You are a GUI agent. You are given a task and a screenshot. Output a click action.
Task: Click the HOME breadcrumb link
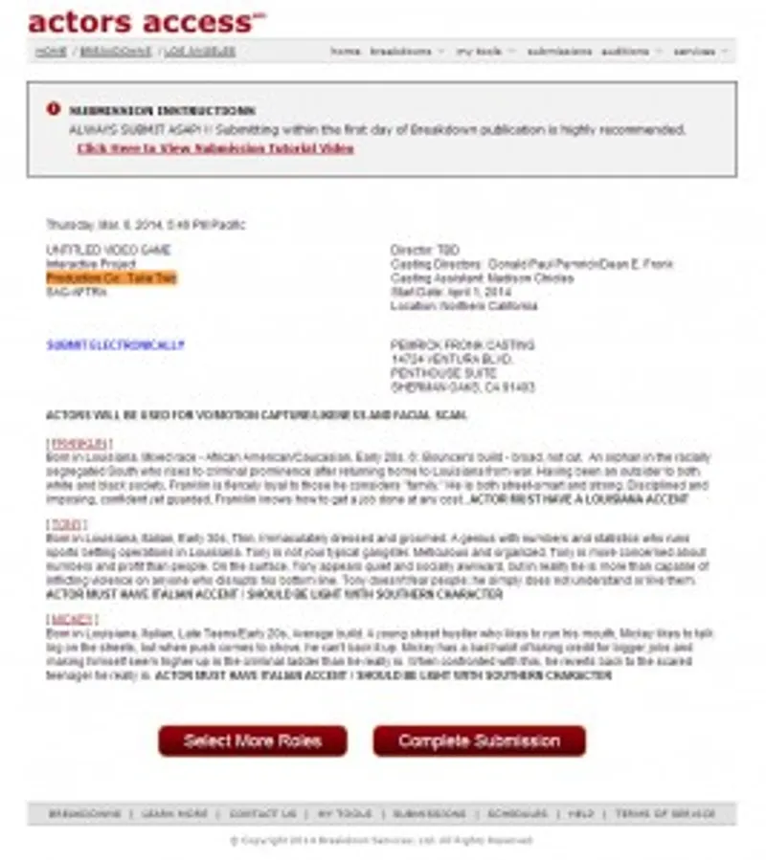coord(51,52)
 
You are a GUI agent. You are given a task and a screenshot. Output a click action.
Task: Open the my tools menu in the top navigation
coord(485,52)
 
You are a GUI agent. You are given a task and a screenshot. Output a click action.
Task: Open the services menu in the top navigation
coord(700,52)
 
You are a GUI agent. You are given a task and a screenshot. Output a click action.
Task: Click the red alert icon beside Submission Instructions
coord(54,109)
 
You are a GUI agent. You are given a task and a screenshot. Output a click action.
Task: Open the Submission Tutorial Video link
coord(215,149)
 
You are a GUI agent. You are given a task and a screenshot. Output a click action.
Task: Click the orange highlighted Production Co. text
coord(111,277)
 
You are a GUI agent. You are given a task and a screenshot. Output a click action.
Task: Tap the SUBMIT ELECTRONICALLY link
coord(115,345)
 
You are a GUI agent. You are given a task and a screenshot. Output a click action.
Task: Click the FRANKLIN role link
coord(79,444)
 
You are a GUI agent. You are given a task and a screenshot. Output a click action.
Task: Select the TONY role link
coord(66,525)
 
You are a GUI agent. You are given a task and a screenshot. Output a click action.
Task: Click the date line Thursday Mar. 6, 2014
coord(146,225)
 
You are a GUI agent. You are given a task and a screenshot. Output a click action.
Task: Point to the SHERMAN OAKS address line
coord(462,387)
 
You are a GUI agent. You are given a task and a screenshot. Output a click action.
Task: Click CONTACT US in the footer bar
coord(262,814)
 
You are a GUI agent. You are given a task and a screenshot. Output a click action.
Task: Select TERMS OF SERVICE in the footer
coord(665,814)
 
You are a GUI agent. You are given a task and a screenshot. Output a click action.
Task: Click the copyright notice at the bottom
coord(381,840)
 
